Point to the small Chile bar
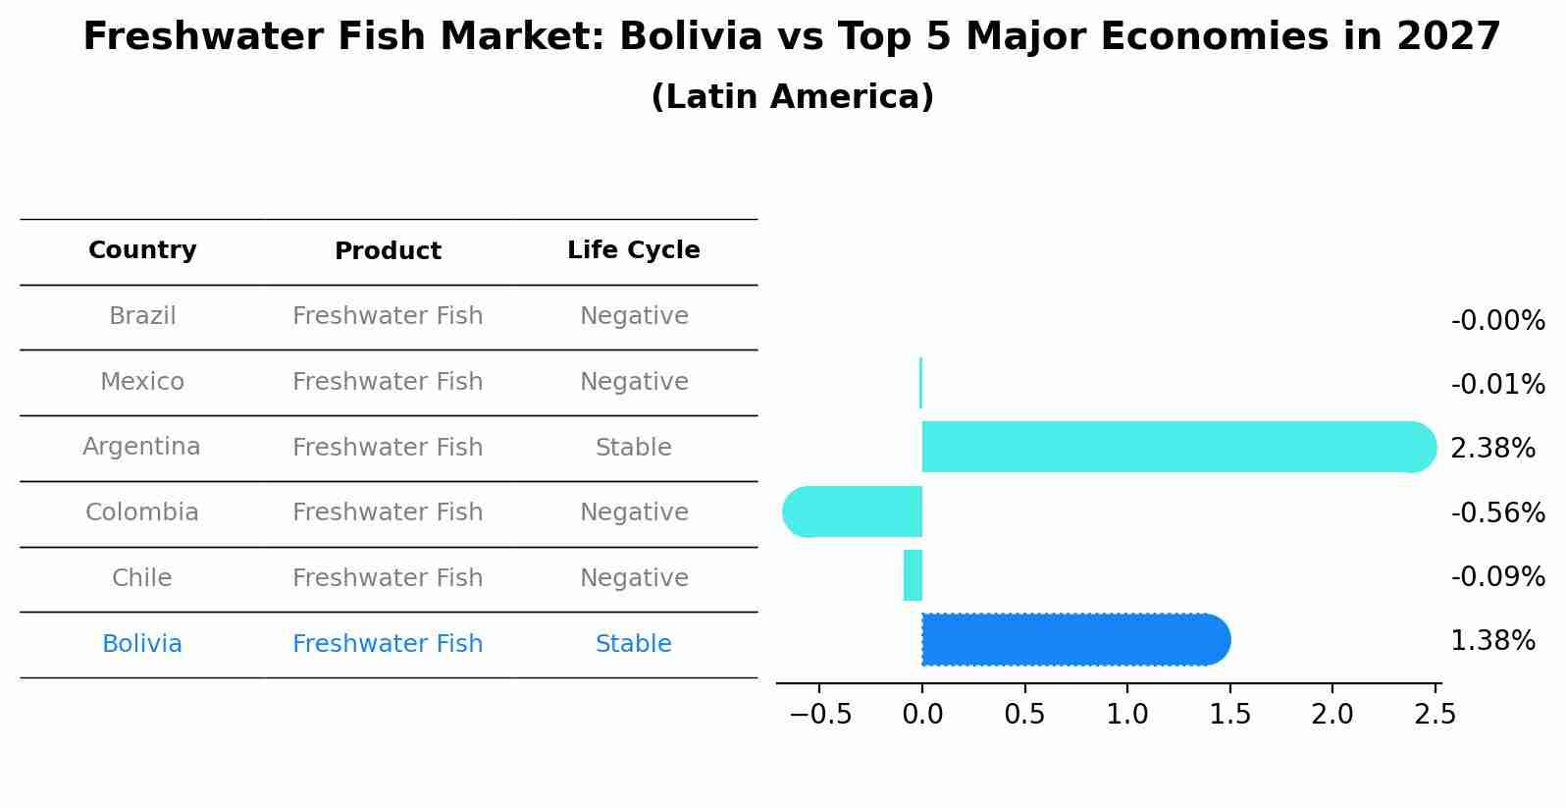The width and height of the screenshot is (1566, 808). click(913, 575)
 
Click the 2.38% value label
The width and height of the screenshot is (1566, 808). click(1492, 449)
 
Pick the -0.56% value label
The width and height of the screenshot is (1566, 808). click(1497, 512)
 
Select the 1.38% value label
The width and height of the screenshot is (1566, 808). click(1492, 641)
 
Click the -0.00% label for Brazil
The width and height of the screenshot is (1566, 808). click(1497, 321)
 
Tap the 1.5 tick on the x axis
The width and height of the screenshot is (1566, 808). click(1229, 715)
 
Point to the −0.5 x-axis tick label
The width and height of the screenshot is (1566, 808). click(819, 715)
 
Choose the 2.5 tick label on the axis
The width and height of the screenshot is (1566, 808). click(1435, 715)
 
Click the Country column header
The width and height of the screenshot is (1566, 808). click(142, 250)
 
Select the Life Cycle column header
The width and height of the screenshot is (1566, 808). click(633, 250)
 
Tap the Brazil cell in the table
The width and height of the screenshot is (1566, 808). click(142, 316)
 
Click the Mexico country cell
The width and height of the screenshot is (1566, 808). click(142, 382)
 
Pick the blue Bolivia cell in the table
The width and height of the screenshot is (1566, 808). click(142, 644)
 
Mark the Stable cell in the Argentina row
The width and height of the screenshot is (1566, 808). click(633, 448)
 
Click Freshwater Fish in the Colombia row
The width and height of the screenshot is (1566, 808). click(388, 512)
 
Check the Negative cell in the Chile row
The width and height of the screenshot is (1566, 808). click(633, 578)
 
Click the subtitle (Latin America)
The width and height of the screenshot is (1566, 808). click(792, 97)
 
